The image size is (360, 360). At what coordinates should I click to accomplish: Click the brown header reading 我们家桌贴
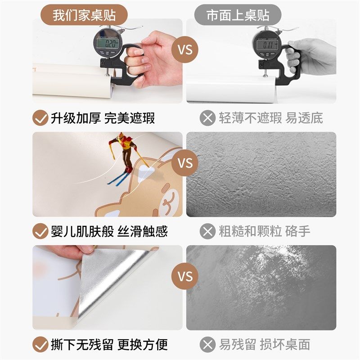[x=85, y=15]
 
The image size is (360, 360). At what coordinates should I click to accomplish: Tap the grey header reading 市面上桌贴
[x=238, y=15]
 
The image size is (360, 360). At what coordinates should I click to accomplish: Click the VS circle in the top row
[x=184, y=49]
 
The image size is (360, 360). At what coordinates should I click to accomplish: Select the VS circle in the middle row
[x=184, y=162]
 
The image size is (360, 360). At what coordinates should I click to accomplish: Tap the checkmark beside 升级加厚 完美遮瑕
[x=40, y=118]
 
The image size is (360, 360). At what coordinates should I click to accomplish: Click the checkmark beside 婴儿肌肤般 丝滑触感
[x=40, y=232]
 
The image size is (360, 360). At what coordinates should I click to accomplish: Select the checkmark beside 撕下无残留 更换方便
[x=40, y=345]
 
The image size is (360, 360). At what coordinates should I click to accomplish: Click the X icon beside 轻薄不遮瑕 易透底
[x=207, y=118]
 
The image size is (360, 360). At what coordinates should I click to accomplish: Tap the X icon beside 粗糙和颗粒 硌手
[x=207, y=232]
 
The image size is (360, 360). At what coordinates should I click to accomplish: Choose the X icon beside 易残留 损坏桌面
[x=207, y=345]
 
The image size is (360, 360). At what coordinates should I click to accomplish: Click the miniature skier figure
[x=123, y=155]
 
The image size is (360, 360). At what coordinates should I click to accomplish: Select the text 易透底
[x=306, y=118]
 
